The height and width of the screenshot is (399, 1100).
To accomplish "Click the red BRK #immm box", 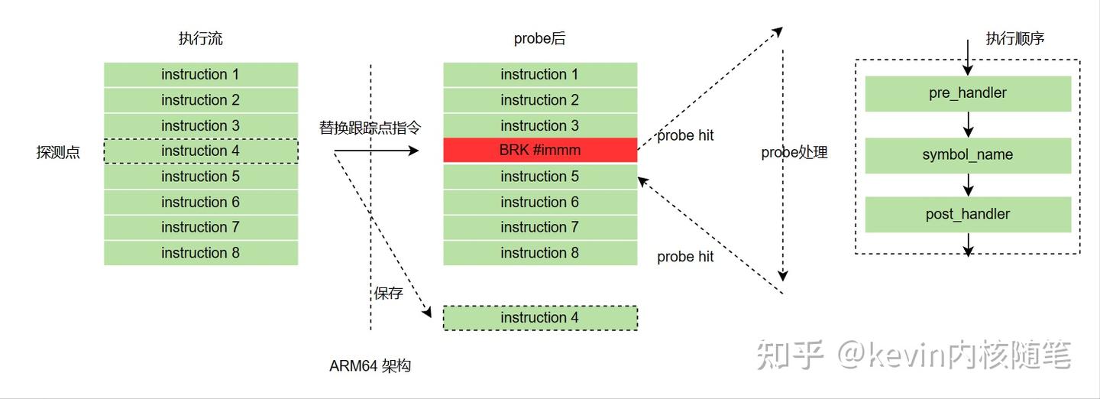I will coord(540,151).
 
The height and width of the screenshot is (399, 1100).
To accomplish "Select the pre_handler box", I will coord(968,93).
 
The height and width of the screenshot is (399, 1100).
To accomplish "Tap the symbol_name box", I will coord(968,155).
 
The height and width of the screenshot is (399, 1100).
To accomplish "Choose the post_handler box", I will coord(968,215).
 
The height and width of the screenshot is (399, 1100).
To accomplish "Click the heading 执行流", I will coord(200,39).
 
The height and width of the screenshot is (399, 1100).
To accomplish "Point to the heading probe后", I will coord(539,39).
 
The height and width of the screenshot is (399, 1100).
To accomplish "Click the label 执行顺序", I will coord(1014,39).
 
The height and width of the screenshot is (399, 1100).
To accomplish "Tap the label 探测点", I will coord(58,152).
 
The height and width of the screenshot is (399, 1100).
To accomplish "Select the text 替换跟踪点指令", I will coord(370,128).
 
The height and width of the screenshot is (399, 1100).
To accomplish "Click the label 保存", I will coord(388,293).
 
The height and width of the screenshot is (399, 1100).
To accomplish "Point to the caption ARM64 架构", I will coord(370,366).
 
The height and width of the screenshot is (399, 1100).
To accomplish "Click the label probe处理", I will coord(794,152).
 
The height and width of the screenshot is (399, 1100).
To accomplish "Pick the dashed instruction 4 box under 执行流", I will coord(200,151).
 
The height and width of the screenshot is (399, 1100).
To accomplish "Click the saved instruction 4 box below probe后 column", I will coord(540,318).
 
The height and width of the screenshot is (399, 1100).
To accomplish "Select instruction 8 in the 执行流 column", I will coord(200,253).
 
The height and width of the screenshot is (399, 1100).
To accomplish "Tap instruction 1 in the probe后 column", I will coord(540,75).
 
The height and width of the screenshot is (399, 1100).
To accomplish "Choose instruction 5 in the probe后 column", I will coord(540,177).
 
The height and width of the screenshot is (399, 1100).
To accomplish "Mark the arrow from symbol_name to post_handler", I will coord(969,185).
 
